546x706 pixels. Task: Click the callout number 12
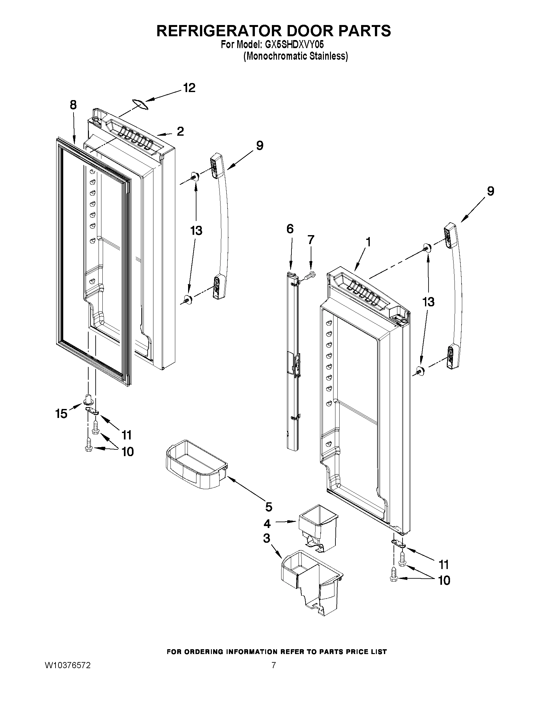(189, 88)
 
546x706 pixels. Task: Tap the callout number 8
(73, 105)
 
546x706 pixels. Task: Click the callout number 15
(61, 413)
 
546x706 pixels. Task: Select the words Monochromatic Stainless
(295, 56)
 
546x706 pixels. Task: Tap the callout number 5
(268, 507)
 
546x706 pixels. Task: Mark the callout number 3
(266, 539)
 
